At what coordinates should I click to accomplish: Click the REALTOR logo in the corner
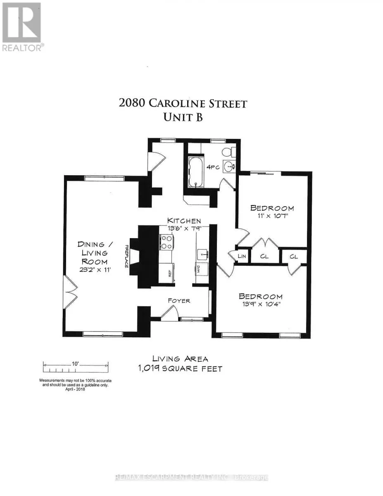21,27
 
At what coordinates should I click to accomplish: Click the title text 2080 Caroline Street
183,103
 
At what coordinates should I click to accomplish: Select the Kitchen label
184,221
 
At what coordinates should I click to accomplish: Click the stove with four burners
167,242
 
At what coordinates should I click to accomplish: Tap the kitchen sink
202,253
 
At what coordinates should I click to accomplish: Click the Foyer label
179,300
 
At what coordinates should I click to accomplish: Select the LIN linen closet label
242,257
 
